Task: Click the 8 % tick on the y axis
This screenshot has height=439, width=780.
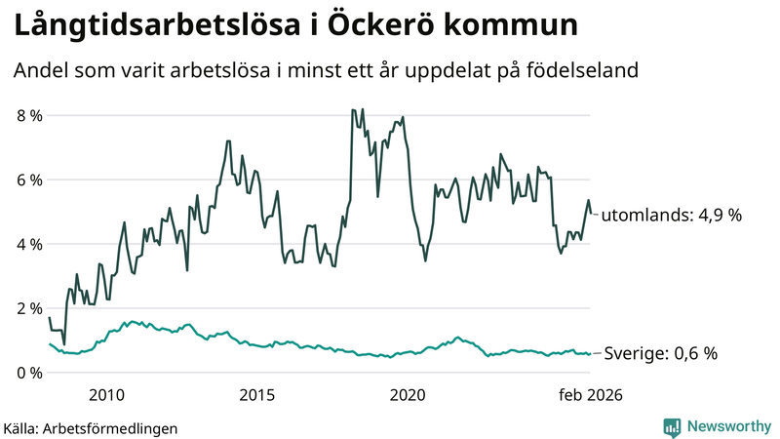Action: (29, 116)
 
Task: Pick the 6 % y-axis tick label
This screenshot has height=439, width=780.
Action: (29, 180)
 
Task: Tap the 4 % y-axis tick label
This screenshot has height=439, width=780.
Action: (29, 244)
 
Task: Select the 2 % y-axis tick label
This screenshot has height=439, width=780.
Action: (29, 308)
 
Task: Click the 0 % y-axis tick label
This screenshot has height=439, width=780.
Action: (29, 373)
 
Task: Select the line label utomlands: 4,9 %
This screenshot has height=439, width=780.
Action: (670, 216)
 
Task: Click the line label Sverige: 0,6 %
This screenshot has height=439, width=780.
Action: (661, 354)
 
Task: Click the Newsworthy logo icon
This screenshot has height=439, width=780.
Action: (672, 426)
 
